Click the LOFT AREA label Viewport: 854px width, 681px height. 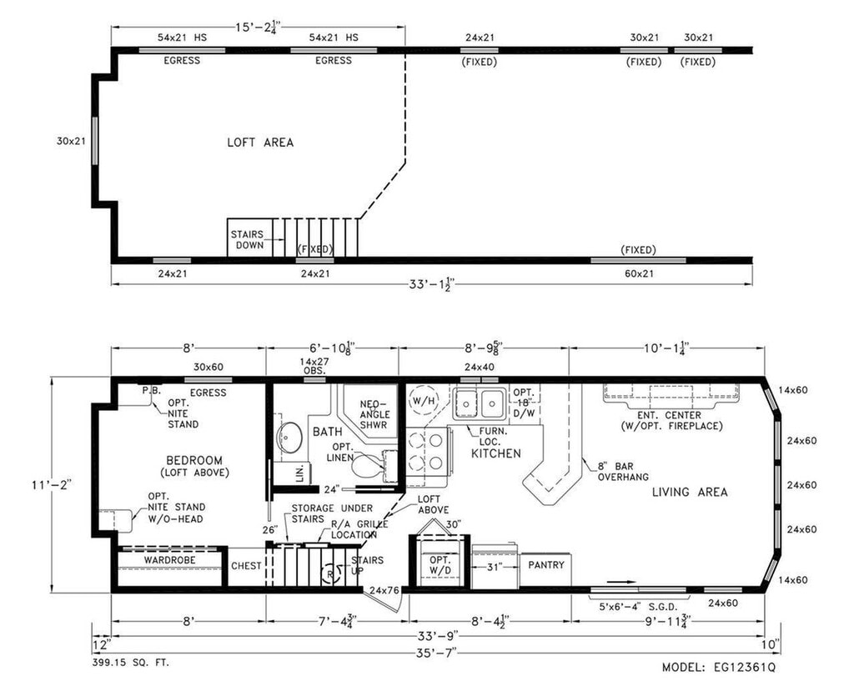coord(260,143)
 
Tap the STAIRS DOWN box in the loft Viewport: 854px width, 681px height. coord(249,238)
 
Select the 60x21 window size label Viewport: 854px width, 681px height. coord(638,273)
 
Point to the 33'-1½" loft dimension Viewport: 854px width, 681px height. coord(431,283)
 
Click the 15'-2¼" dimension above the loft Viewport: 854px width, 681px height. coord(258,28)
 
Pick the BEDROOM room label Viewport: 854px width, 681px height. coord(194,461)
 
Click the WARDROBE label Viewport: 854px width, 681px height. coord(169,560)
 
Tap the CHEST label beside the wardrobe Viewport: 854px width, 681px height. coord(246,566)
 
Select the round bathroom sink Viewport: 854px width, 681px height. coord(289,437)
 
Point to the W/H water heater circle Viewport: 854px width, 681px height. coord(424,401)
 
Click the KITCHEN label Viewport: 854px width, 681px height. coord(495,453)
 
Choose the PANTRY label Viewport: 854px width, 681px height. coord(546,565)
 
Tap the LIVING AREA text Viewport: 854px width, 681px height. coord(690,492)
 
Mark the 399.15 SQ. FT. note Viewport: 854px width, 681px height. coord(131,663)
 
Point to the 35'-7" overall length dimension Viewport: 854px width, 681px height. coord(436,652)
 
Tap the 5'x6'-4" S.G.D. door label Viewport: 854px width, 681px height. coord(638,607)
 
